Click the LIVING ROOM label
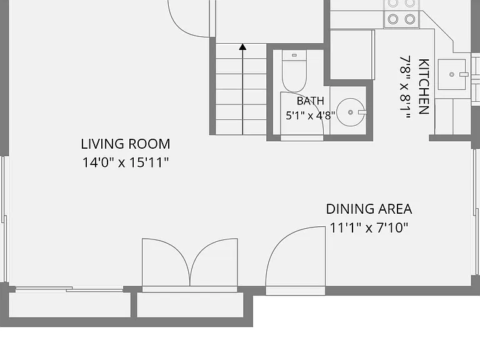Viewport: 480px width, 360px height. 126,144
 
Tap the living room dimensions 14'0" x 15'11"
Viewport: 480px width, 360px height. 126,162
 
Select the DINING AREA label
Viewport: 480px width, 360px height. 369,209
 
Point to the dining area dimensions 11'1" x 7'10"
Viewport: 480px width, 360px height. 369,227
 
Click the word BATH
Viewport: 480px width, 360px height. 311,101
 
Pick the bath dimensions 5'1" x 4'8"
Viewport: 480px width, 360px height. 311,116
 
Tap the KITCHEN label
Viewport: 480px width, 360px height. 423,87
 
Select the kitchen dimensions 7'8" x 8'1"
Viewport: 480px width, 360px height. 405,87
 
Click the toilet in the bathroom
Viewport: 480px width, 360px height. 294,71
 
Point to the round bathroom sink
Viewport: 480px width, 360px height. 351,112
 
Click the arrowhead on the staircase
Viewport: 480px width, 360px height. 242,47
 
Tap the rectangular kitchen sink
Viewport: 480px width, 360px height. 452,74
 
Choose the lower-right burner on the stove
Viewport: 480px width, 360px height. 410,19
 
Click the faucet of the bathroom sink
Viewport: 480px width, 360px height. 362,112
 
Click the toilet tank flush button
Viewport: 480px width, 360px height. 294,56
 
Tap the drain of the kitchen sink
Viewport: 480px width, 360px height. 451,74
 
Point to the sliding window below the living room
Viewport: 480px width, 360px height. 69,289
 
